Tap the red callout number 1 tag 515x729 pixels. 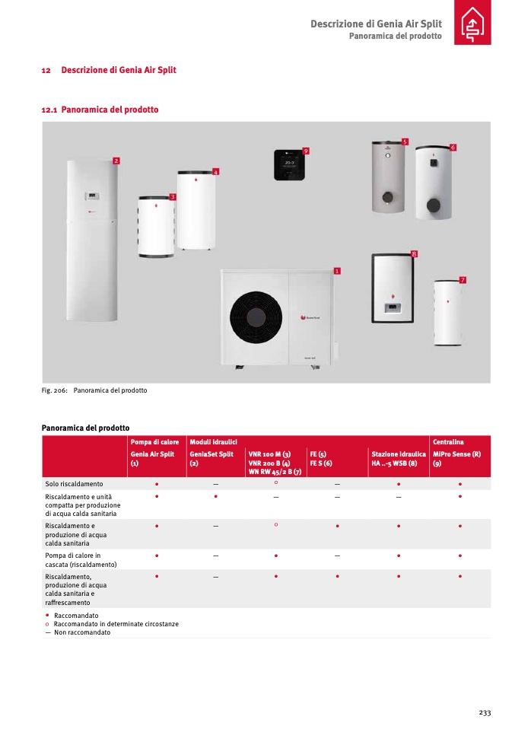coord(336,270)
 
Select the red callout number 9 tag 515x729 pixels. coord(305,151)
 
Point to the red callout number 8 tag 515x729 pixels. coord(414,253)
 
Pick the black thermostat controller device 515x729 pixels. coord(289,164)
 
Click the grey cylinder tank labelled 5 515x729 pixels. coord(387,177)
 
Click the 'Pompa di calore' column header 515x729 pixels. coord(154,442)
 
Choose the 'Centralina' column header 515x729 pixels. coord(448,442)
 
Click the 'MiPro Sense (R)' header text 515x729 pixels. coord(456,454)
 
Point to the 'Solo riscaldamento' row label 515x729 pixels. coord(74,483)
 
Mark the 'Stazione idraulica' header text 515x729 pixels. coord(399,454)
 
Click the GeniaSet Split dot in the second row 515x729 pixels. coord(216,497)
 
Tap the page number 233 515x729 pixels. coord(485,712)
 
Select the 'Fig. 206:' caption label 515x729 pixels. coord(55,390)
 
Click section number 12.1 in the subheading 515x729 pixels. coord(49,110)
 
